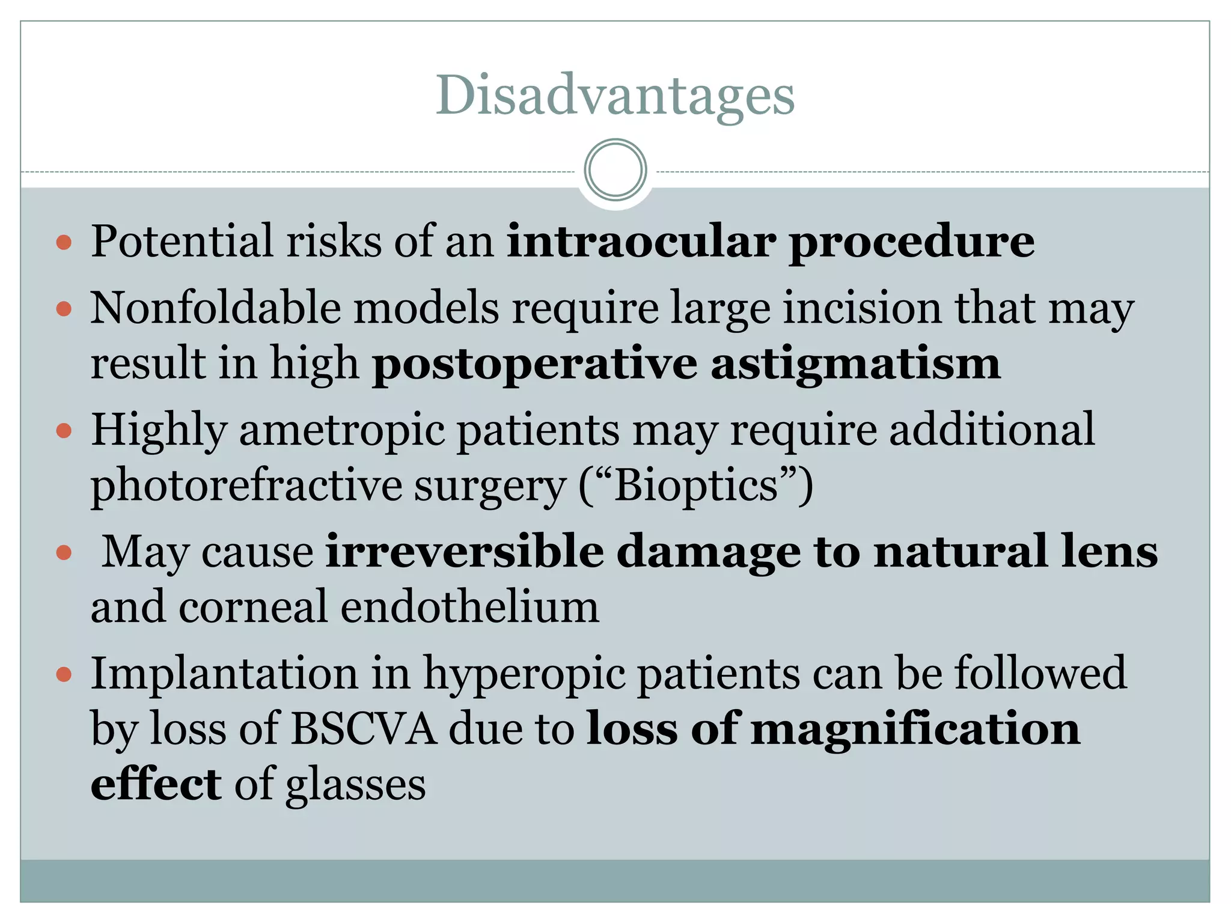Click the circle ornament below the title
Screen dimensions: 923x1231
[x=615, y=170]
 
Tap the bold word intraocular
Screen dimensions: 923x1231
[x=641, y=241]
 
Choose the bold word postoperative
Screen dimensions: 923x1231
[x=534, y=364]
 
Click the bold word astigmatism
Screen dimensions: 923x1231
[x=855, y=364]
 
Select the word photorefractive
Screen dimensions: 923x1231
[x=246, y=485]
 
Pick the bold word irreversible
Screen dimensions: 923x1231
[x=465, y=551]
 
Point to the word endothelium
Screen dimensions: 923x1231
[x=469, y=606]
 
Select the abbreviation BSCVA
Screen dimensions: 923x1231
[x=364, y=729]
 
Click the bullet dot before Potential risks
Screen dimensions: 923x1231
[x=64, y=242]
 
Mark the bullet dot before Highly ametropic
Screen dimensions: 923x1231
[x=64, y=431]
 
